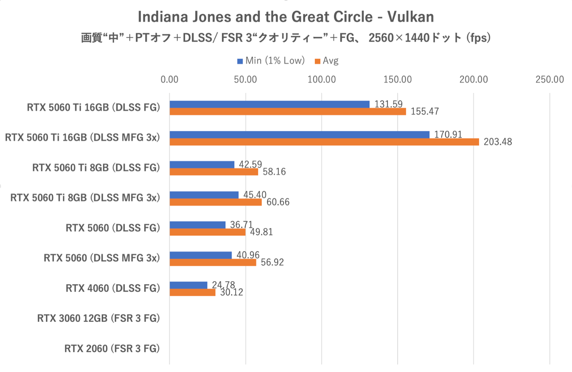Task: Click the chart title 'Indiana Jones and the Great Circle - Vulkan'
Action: pos(286,17)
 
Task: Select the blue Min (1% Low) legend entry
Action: pos(271,61)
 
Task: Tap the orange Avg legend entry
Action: pos(327,61)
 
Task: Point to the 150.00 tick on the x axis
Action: pos(398,80)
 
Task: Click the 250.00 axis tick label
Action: pos(549,80)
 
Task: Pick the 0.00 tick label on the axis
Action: pos(169,80)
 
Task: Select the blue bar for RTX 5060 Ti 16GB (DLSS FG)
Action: pos(269,105)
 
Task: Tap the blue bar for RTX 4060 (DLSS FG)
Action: pos(188,285)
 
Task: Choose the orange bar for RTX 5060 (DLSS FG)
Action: pos(208,232)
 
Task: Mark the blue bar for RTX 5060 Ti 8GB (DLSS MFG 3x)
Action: pos(204,195)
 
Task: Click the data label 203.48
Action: pos(497,142)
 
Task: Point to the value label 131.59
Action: pos(388,104)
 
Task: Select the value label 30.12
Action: pos(231,292)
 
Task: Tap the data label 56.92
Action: pos(272,262)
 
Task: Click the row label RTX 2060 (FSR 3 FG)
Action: pos(112,348)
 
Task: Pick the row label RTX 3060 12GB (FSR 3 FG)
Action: pos(99,318)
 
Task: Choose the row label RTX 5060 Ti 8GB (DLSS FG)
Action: pos(96,168)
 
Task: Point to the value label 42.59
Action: pos(250,164)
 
